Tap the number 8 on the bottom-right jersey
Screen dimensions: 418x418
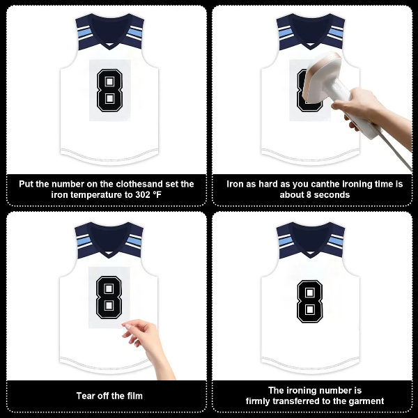point(309,301)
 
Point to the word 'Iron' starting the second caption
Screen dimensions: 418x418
point(235,184)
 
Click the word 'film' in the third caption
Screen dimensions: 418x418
point(133,396)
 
